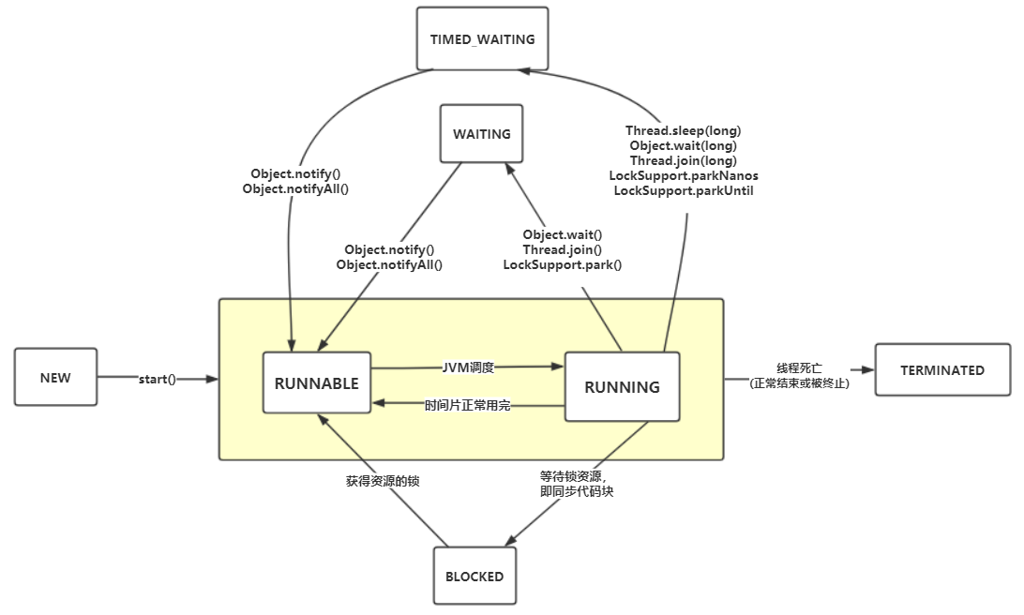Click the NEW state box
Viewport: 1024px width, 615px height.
pyautogui.click(x=55, y=377)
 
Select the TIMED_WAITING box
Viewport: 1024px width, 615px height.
pyautogui.click(x=483, y=38)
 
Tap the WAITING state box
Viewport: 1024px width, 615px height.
pyautogui.click(x=481, y=133)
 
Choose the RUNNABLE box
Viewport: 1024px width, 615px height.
pyautogui.click(x=317, y=382)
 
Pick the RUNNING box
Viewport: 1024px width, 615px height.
pyautogui.click(x=622, y=386)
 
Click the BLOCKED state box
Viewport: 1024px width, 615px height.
pyautogui.click(x=474, y=576)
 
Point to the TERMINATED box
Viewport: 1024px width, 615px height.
pyautogui.click(x=942, y=369)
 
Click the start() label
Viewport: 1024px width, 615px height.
pyautogui.click(x=158, y=379)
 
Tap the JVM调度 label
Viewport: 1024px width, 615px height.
pyautogui.click(x=468, y=367)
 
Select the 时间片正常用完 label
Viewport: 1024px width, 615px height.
pyautogui.click(x=468, y=405)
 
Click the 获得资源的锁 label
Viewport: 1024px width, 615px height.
pyautogui.click(x=383, y=481)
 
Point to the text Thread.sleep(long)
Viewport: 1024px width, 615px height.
pyautogui.click(x=683, y=130)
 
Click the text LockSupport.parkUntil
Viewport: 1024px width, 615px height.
pyautogui.click(x=683, y=190)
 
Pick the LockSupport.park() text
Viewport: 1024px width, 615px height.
pyautogui.click(x=563, y=264)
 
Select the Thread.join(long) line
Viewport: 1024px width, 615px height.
pyautogui.click(x=683, y=160)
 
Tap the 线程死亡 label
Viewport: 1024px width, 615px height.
pyautogui.click(x=799, y=368)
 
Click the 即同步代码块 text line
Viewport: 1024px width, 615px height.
pyautogui.click(x=577, y=491)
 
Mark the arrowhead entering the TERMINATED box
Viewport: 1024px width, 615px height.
pyautogui.click(x=867, y=369)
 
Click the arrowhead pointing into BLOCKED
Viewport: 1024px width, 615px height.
pyautogui.click(x=511, y=540)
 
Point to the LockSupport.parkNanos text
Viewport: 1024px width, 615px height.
pyautogui.click(x=683, y=175)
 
